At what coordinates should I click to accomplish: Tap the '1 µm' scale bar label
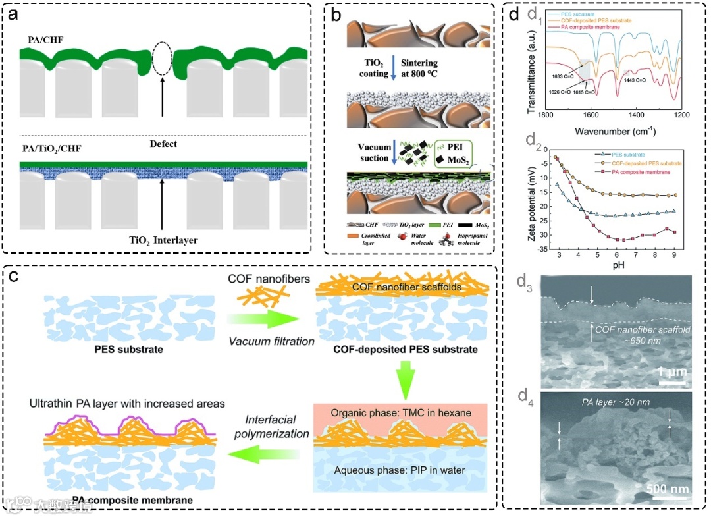click(x=672, y=373)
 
